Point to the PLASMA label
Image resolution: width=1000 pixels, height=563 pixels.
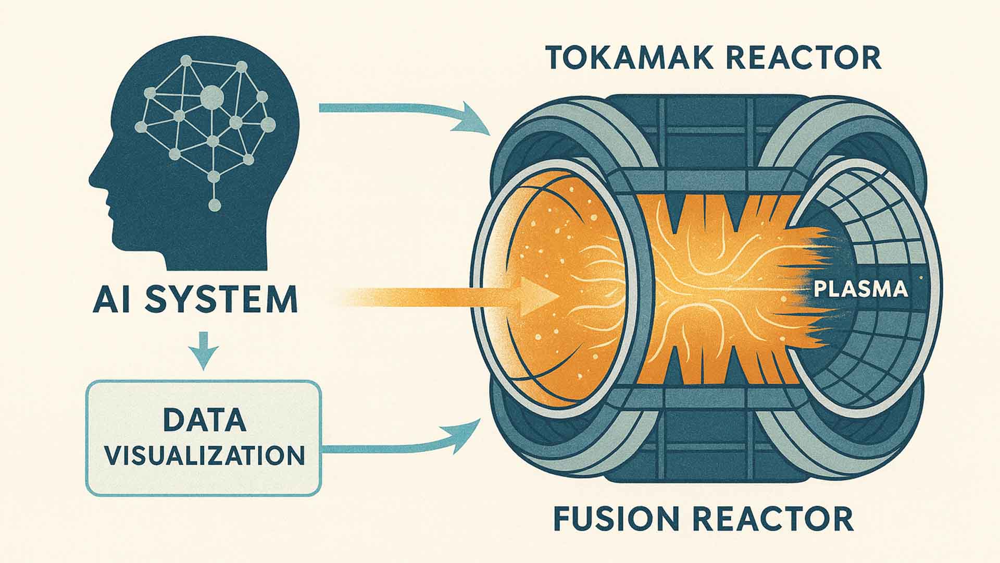click(x=860, y=289)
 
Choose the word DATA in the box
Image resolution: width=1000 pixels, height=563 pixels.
click(x=204, y=420)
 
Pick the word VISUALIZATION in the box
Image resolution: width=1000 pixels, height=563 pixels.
click(x=204, y=455)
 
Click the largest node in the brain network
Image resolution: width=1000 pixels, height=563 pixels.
click(x=212, y=96)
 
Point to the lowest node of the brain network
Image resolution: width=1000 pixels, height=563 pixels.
click(x=214, y=205)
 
